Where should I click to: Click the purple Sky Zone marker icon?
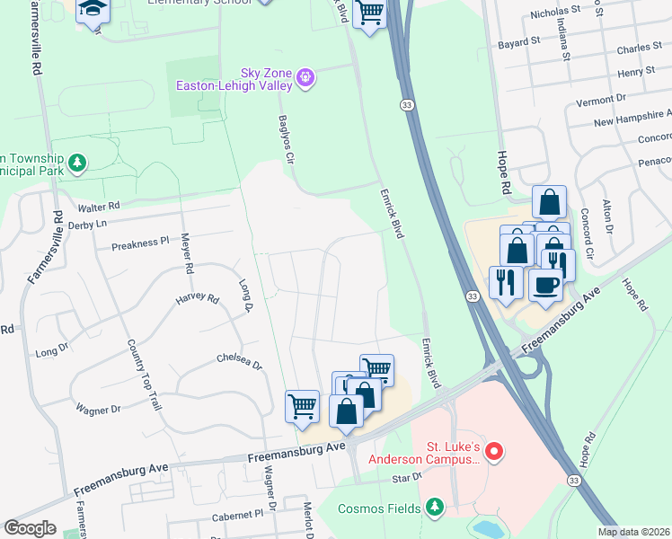(x=306, y=78)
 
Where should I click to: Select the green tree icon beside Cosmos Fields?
(x=435, y=508)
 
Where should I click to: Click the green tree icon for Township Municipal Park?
(x=78, y=163)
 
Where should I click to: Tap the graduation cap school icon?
(x=92, y=10)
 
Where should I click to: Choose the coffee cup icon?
(x=545, y=287)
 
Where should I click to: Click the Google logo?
(x=30, y=528)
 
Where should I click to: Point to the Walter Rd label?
(x=98, y=207)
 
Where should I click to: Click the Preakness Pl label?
(x=139, y=243)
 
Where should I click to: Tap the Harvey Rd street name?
(x=197, y=298)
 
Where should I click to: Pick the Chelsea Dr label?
(x=238, y=361)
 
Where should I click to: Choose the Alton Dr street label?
(x=608, y=216)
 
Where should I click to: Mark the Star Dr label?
(x=405, y=478)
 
